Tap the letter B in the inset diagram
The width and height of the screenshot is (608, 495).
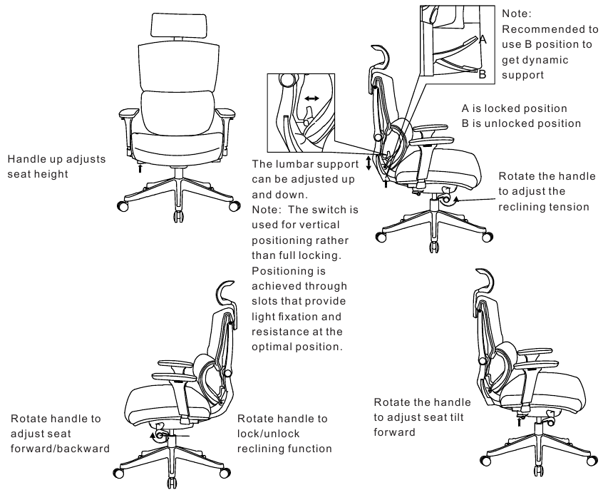tap(483, 73)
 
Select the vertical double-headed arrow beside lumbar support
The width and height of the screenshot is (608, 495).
tap(368, 163)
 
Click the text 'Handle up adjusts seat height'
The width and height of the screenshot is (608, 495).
tap(56, 166)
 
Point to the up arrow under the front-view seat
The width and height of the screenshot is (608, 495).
tap(140, 169)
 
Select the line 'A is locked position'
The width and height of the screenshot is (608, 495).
tap(514, 108)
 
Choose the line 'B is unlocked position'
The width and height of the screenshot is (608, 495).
tap(521, 123)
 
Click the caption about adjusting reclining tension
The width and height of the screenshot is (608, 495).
tap(543, 191)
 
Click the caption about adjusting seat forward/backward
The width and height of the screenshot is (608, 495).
tap(60, 433)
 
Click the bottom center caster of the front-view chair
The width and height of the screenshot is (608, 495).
tap(175, 217)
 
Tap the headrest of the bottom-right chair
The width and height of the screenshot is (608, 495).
tap(485, 278)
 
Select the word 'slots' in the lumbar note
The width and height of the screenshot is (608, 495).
tap(267, 302)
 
